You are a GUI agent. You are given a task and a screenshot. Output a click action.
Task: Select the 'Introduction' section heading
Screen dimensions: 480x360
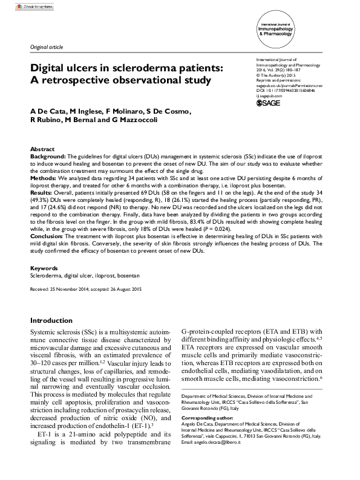coord(55,320)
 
